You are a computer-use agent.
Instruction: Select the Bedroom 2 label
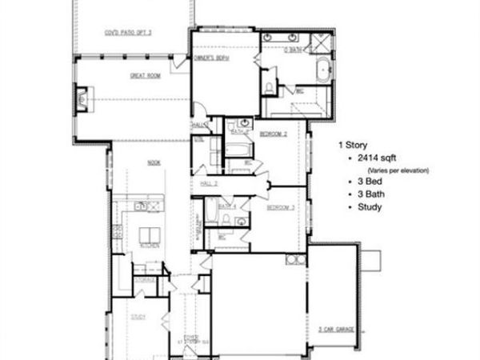coord(274,135)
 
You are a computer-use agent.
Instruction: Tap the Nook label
coord(153,162)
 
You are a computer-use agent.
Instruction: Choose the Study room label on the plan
coord(137,318)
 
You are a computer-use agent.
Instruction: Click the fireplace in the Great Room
coord(82,101)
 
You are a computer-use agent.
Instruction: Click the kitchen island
coord(148,236)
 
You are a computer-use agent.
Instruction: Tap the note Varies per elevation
coord(398,170)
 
